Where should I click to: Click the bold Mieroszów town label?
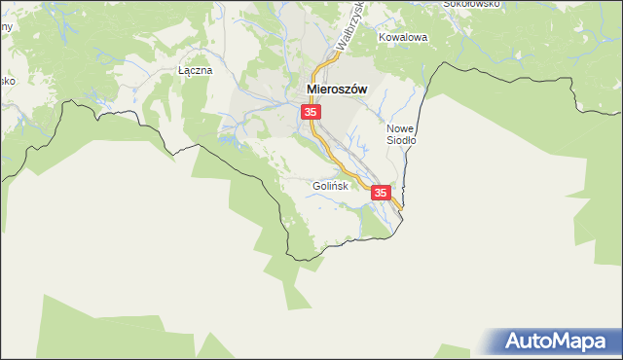337,89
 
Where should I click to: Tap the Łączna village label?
194,71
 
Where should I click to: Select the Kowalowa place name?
404,38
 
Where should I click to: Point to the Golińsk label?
330,186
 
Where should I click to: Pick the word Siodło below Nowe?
401,140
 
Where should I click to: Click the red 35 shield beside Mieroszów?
311,113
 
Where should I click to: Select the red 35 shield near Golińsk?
381,194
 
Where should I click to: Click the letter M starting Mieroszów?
312,89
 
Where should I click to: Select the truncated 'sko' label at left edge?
5,81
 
